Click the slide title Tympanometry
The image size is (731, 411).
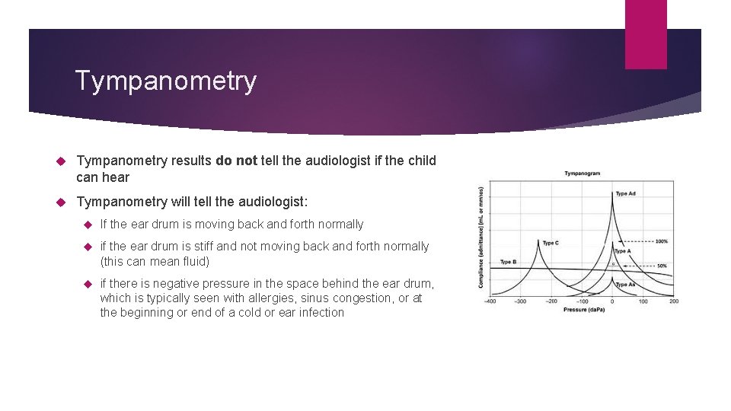pyautogui.click(x=166, y=81)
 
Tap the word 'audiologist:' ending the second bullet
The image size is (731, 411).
pyautogui.click(x=276, y=201)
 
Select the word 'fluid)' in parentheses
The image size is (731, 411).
pyautogui.click(x=193, y=261)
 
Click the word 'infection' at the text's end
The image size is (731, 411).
pyautogui.click(x=320, y=313)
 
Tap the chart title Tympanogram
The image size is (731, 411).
pyautogui.click(x=582, y=174)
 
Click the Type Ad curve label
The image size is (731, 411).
pyautogui.click(x=625, y=193)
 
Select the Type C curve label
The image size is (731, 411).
pyautogui.click(x=550, y=244)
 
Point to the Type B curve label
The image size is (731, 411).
pyautogui.click(x=508, y=262)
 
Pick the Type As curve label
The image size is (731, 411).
pyautogui.click(x=625, y=285)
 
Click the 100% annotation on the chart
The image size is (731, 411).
pyautogui.click(x=661, y=241)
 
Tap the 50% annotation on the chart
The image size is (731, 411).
pyautogui.click(x=662, y=266)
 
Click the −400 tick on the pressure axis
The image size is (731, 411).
pyautogui.click(x=490, y=301)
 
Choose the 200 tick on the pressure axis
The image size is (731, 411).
pyautogui.click(x=673, y=301)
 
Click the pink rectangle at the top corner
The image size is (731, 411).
pyautogui.click(x=645, y=33)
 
